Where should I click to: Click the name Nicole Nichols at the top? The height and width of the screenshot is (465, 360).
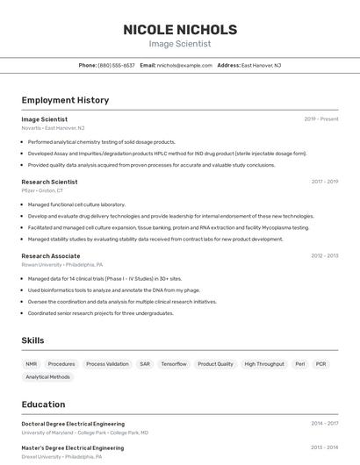[x=180, y=29]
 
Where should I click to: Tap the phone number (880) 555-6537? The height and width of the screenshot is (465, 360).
[x=116, y=65]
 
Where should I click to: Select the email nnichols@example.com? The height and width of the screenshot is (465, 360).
[x=184, y=65]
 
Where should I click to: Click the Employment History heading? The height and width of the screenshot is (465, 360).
[x=65, y=100]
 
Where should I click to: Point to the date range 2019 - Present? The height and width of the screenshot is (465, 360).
[x=321, y=119]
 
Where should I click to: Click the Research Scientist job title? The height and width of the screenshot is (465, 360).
[x=49, y=182]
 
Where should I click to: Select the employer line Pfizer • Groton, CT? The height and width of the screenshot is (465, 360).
[x=42, y=190]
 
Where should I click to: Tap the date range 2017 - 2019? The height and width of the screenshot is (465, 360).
[x=324, y=182]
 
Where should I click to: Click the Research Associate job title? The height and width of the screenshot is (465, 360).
[x=51, y=256]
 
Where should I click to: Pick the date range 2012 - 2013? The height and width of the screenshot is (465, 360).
[x=324, y=256]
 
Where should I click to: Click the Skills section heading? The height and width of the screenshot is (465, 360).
[x=33, y=340]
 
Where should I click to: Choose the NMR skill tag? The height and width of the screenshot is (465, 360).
[x=32, y=363]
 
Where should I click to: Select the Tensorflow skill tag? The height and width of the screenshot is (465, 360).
[x=174, y=363]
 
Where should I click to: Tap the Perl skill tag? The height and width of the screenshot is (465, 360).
[x=299, y=363]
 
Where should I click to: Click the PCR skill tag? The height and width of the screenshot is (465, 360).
[x=320, y=363]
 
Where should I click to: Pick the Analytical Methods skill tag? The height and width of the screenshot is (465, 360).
[x=47, y=377]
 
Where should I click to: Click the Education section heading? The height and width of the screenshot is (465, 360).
[x=43, y=404]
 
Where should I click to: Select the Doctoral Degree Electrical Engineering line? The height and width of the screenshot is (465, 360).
[x=73, y=424]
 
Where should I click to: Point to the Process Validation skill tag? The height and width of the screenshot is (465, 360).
[x=107, y=363]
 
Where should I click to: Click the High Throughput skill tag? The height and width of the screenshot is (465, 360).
[x=264, y=363]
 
